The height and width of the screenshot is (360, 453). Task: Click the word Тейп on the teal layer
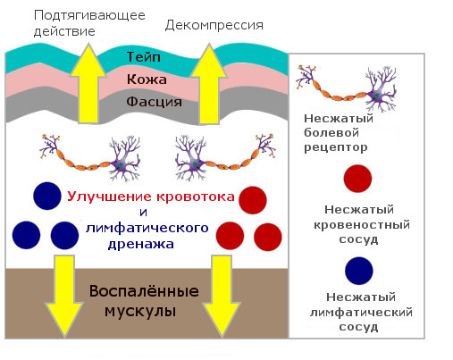pyautogui.click(x=144, y=57)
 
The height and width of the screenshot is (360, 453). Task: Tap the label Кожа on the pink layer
pyautogui.click(x=147, y=80)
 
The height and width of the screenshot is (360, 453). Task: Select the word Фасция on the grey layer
pyautogui.click(x=154, y=102)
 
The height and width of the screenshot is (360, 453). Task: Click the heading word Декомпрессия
pyautogui.click(x=214, y=25)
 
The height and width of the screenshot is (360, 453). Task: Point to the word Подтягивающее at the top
pyautogui.click(x=89, y=15)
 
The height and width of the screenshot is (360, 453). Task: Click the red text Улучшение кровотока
pyautogui.click(x=151, y=197)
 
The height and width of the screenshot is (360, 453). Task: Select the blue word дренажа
pyautogui.click(x=141, y=244)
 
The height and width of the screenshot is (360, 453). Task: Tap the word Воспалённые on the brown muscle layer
pyautogui.click(x=144, y=291)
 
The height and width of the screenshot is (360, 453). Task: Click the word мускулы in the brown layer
pyautogui.click(x=140, y=312)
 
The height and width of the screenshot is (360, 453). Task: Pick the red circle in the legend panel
pyautogui.click(x=357, y=179)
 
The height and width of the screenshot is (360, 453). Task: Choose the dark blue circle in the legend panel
pyautogui.click(x=359, y=271)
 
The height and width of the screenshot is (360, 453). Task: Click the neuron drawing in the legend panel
pyautogui.click(x=347, y=88)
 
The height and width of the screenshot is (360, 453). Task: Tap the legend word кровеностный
pyautogui.click(x=362, y=225)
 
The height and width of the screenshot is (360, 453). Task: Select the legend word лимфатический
pyautogui.click(x=361, y=313)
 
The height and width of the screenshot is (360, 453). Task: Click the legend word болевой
pyautogui.click(x=331, y=133)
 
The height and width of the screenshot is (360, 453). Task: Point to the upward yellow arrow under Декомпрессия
pyautogui.click(x=209, y=84)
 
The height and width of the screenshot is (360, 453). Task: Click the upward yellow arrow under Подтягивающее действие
pyautogui.click(x=88, y=83)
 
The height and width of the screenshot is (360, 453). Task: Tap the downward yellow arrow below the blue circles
pyautogui.click(x=64, y=296)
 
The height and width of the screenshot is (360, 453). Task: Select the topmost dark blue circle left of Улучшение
pyautogui.click(x=47, y=196)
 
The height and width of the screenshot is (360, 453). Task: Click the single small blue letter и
pyautogui.click(x=143, y=213)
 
